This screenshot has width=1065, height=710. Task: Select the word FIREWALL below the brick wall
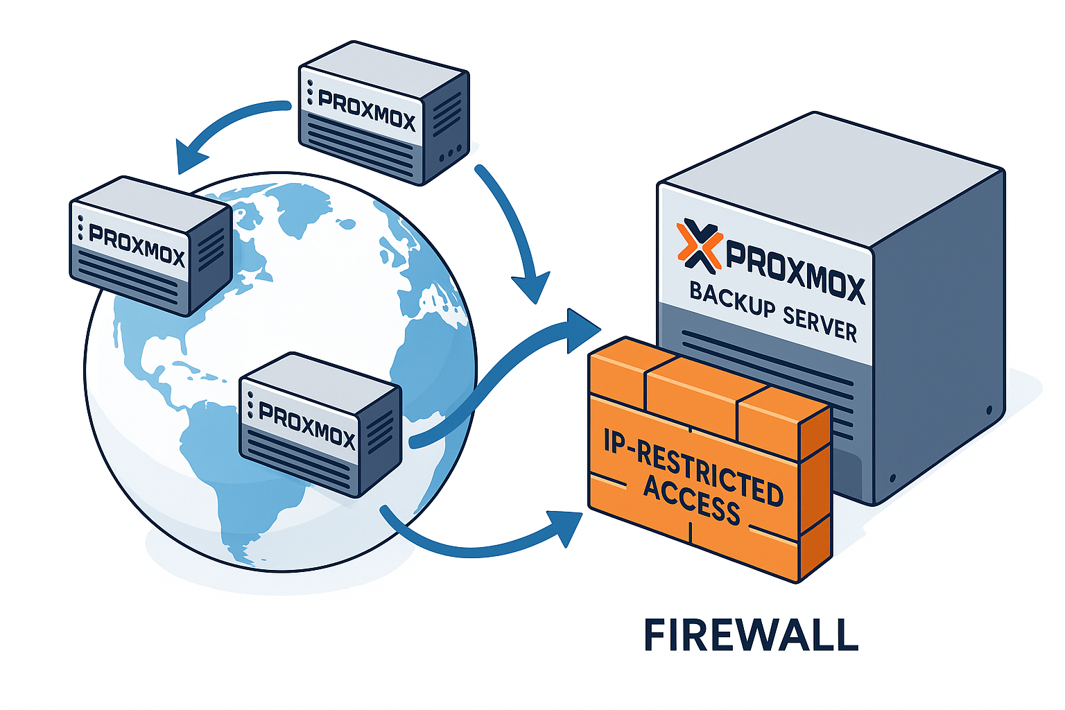tap(751, 634)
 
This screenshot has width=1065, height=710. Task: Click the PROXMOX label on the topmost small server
tap(366, 110)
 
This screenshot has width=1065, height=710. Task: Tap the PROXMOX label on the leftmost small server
tap(137, 245)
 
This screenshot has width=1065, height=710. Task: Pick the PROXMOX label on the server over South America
tap(306, 425)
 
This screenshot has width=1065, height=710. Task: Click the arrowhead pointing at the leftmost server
tap(190, 157)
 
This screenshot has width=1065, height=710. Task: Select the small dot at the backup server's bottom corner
tap(892, 478)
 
